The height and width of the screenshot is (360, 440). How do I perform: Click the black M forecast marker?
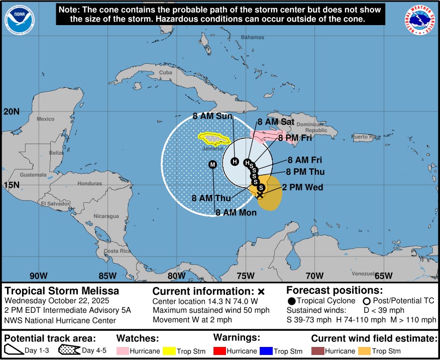coord(212,165)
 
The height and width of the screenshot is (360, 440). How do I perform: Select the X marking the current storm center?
coord(260,195)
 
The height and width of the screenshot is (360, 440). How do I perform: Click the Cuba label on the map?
coord(165,72)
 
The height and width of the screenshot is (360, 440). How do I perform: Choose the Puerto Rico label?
coord(366,137)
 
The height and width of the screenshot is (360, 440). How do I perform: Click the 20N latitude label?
coord(11,111)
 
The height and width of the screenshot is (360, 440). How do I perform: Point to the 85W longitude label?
coord(107,276)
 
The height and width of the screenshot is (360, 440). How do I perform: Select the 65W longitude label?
coord(383,276)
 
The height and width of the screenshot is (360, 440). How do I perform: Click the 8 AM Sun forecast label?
coord(213,116)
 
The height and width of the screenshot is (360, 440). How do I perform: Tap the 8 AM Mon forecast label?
coord(236,212)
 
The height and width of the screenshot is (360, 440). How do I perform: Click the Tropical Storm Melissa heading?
coord(62,291)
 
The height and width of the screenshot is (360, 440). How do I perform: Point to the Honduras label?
coord(89,184)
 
